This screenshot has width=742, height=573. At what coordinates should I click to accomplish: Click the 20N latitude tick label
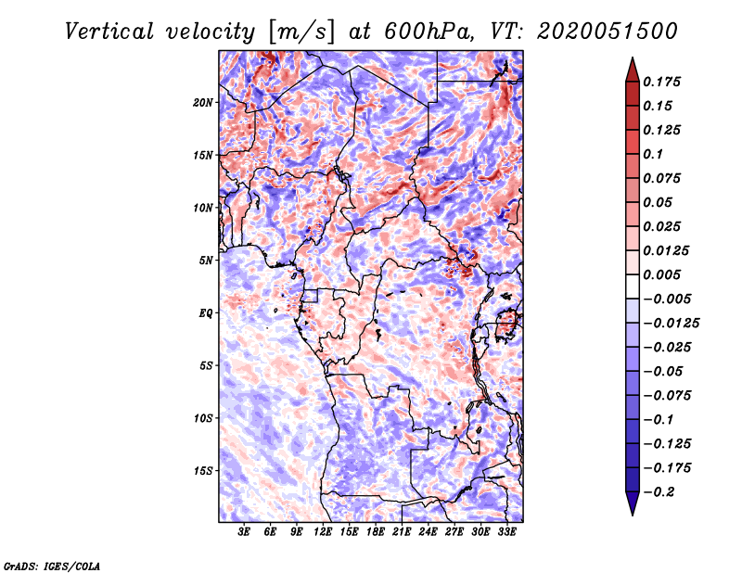[x=203, y=102]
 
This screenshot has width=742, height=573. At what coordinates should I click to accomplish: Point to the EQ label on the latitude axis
[x=206, y=312]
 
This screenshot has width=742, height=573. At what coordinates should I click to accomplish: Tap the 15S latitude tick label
[x=203, y=470]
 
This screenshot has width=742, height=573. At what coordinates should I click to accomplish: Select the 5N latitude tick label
[x=206, y=260]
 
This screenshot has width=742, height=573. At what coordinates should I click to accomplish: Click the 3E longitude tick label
[x=245, y=532]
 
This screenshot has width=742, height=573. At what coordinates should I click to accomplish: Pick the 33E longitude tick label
[x=507, y=532]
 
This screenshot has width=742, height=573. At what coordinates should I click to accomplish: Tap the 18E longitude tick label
[x=376, y=532]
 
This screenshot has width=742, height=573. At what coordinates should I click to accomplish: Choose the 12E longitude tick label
[x=324, y=532]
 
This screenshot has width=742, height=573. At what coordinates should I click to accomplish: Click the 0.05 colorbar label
[x=659, y=202]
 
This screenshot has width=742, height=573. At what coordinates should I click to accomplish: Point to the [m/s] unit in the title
[x=302, y=31]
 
